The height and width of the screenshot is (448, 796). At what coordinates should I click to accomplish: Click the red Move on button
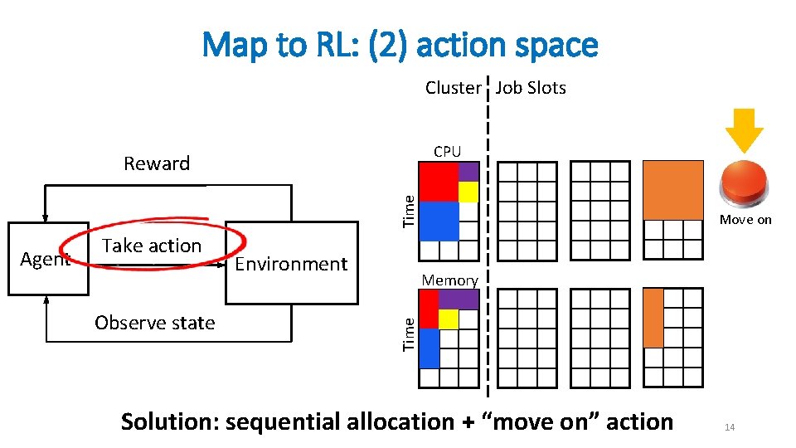745,184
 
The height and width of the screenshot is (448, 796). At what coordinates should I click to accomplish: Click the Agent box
47,259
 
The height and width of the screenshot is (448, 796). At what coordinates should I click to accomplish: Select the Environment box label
291,264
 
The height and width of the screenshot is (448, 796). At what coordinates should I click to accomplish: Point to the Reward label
157,163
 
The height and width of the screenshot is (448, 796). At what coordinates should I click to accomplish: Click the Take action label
152,246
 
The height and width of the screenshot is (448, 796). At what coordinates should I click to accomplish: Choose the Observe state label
155,323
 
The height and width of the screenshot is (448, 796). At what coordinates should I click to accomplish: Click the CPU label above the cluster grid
447,151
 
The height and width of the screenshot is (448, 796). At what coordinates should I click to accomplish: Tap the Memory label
449,280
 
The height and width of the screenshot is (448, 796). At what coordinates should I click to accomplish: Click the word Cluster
453,88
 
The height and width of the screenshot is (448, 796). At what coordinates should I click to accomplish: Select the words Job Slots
531,88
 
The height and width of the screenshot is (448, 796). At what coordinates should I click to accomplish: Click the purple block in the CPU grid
468,172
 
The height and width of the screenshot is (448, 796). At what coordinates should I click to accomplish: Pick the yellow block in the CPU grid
468,192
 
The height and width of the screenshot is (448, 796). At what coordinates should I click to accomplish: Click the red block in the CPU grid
439,182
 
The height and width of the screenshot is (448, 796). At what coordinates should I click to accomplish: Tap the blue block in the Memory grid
429,348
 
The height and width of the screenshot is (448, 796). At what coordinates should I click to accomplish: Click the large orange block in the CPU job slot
672,190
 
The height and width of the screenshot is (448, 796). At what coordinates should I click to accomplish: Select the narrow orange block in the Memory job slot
653,318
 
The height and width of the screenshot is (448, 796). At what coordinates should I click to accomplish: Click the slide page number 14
730,427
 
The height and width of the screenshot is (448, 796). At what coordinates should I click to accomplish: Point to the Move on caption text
745,220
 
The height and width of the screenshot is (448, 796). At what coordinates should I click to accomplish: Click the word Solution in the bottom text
170,422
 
